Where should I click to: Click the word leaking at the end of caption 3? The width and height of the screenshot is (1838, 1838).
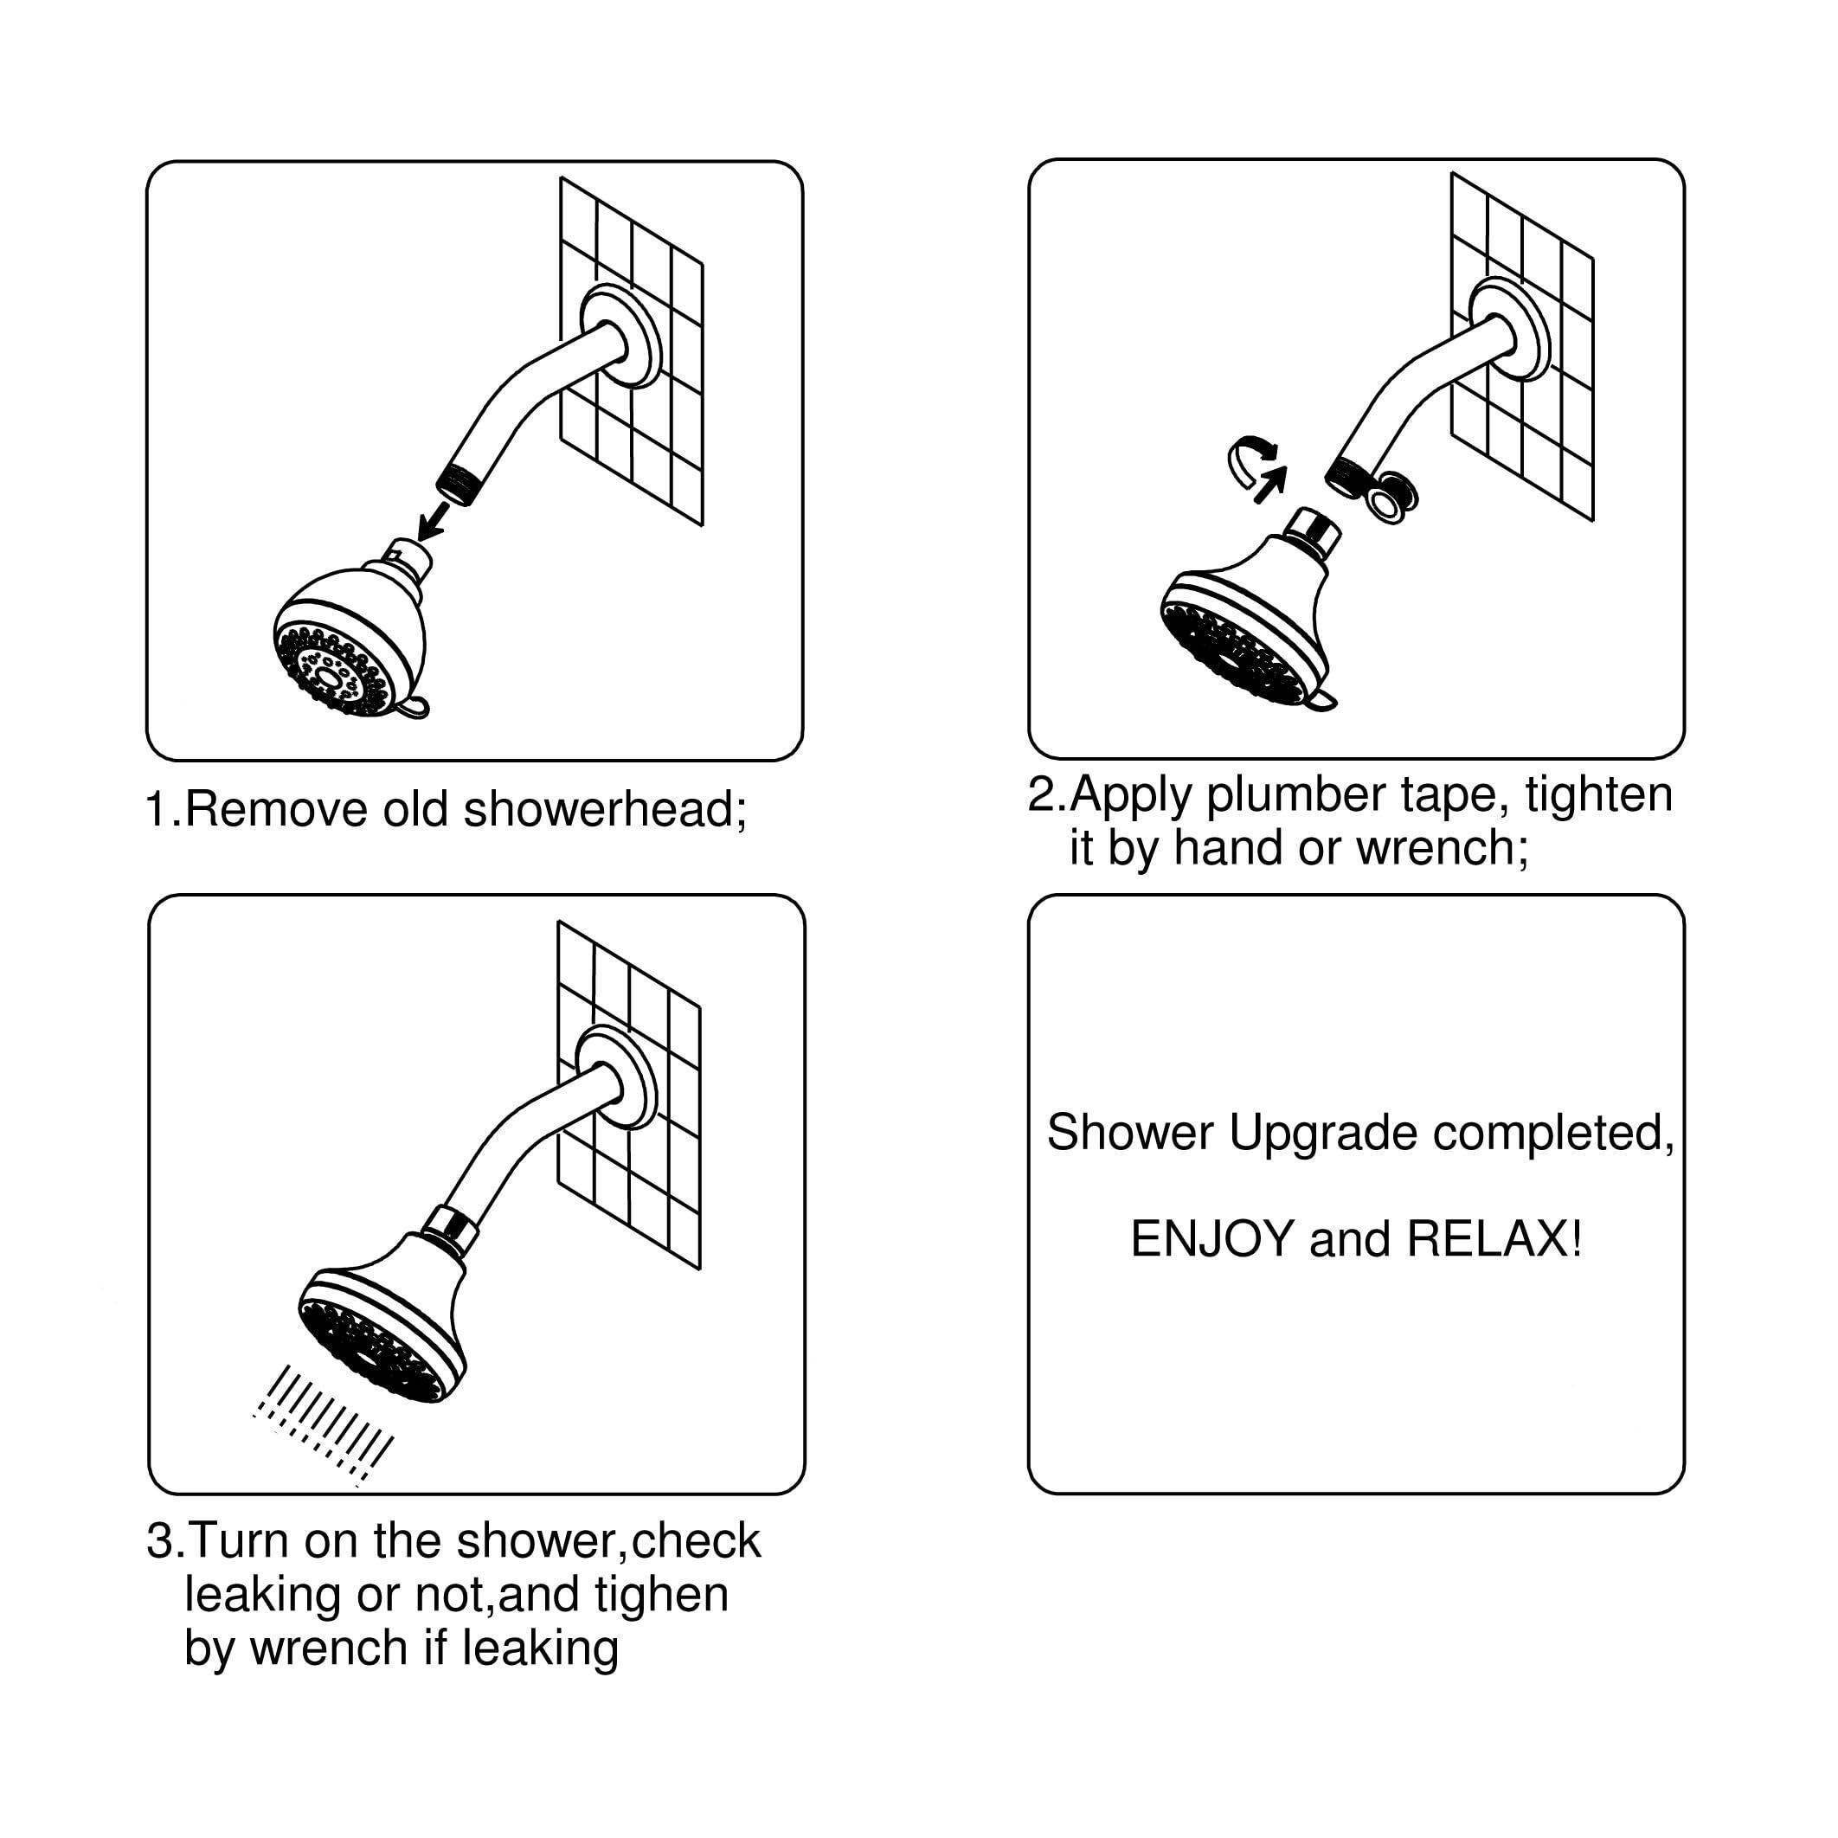tap(539, 1648)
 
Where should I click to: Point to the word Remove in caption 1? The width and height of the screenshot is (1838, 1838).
tap(276, 810)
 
